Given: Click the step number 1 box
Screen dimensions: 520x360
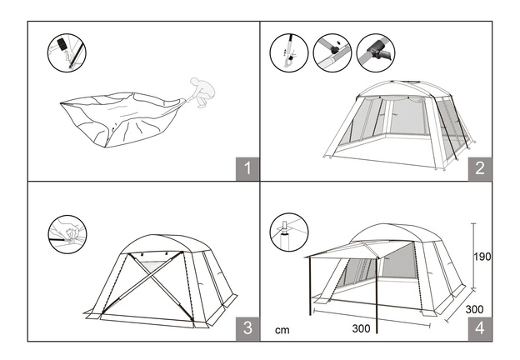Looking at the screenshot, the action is tap(247, 168).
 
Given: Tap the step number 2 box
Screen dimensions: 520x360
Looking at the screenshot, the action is tap(480, 168).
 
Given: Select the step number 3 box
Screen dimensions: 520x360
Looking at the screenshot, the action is tap(247, 328).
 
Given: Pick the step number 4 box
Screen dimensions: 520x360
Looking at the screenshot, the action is tap(480, 328).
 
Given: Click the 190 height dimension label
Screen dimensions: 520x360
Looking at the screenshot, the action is tap(482, 257).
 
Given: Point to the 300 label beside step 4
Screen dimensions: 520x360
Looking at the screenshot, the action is tap(474, 309).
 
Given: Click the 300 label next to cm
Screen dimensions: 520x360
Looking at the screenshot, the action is tap(361, 328).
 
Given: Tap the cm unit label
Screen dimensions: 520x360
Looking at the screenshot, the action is tap(282, 330).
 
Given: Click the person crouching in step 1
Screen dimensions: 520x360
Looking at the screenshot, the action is tap(202, 92).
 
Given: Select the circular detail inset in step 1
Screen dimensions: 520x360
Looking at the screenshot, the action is tap(67, 52).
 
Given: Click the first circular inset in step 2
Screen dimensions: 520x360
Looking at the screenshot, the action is tap(289, 52).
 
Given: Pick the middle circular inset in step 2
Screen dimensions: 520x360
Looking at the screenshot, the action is tap(332, 52).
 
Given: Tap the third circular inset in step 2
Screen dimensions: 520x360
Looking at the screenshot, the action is tap(376, 52).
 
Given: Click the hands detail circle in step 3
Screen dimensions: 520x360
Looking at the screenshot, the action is tap(67, 234).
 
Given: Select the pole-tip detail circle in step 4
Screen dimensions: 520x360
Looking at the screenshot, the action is tap(289, 232).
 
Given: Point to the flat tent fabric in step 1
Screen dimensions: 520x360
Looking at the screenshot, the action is tap(122, 119).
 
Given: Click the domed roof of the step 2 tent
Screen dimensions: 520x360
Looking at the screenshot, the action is tap(404, 87).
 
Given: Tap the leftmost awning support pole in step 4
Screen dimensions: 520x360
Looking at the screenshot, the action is tap(310, 286).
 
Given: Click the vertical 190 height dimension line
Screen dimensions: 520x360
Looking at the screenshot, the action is tap(473, 256).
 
